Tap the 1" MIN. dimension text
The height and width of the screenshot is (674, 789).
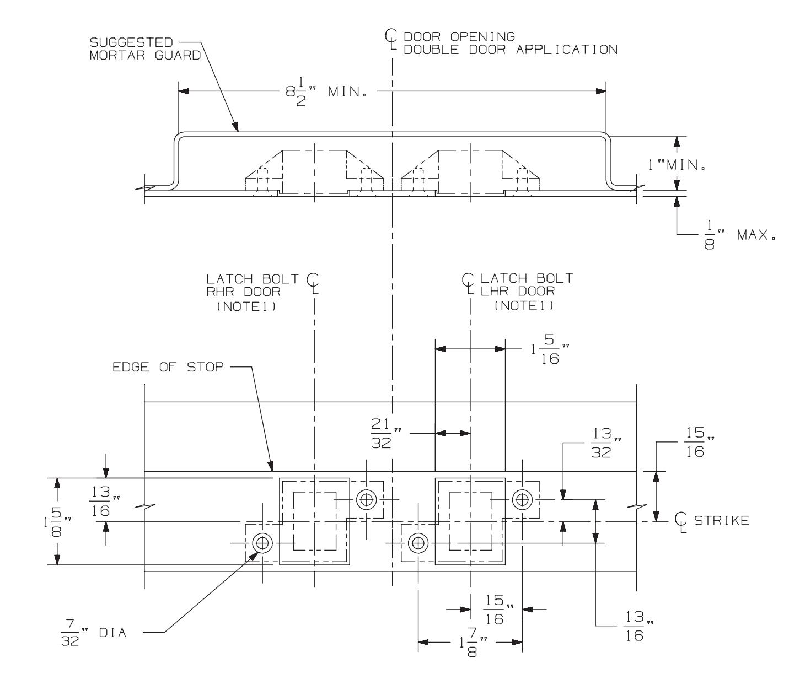pyautogui.click(x=677, y=165)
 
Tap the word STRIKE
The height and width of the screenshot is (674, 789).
pyautogui.click(x=721, y=521)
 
